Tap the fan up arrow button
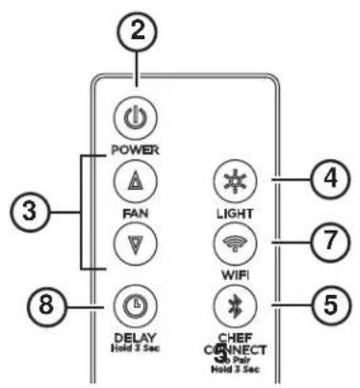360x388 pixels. pos(135,180)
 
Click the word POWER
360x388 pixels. pos(135,150)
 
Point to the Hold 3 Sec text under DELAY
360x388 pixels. pos(134,349)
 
